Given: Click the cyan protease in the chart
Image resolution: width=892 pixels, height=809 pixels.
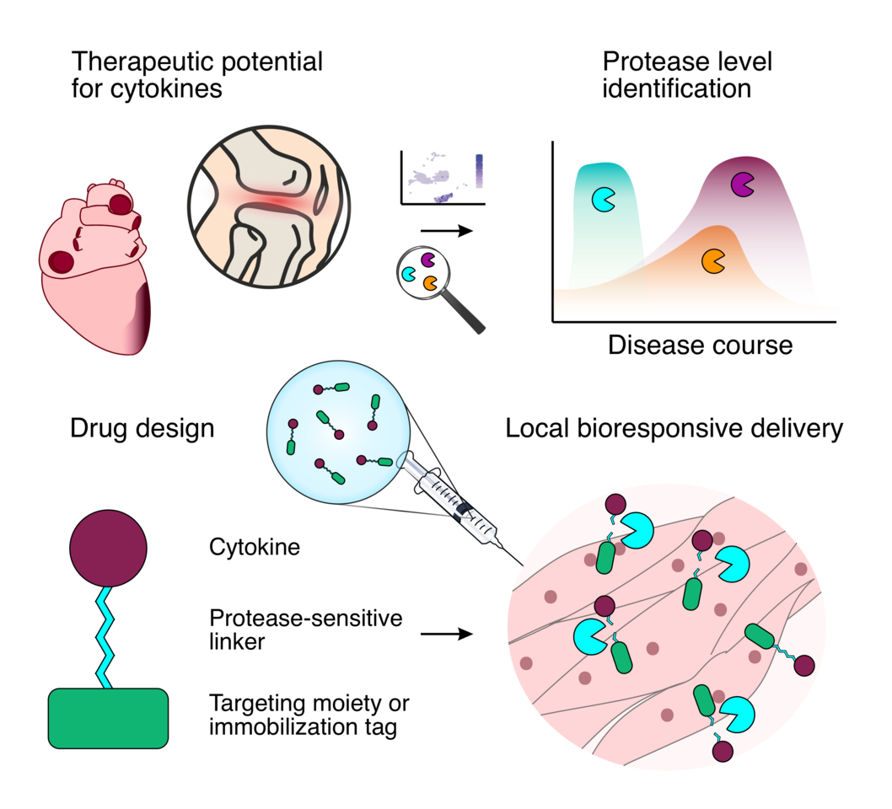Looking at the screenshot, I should click(604, 199).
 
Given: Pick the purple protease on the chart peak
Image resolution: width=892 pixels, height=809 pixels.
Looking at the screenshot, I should click(742, 183).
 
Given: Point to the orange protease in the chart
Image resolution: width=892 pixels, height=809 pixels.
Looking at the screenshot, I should click(712, 260).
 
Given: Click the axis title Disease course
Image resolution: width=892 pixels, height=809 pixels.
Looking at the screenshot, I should click(700, 345).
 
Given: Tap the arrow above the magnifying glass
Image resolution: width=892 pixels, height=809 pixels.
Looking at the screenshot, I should click(445, 230).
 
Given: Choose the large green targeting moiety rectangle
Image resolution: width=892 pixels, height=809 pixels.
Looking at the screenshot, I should click(109, 718).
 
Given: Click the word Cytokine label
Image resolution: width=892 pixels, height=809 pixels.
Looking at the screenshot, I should click(255, 548).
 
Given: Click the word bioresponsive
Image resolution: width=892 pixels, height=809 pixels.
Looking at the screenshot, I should click(655, 429).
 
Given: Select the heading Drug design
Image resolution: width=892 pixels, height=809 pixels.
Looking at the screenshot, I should click(142, 429).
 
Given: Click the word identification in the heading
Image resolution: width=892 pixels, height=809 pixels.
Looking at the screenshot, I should click(676, 88).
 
